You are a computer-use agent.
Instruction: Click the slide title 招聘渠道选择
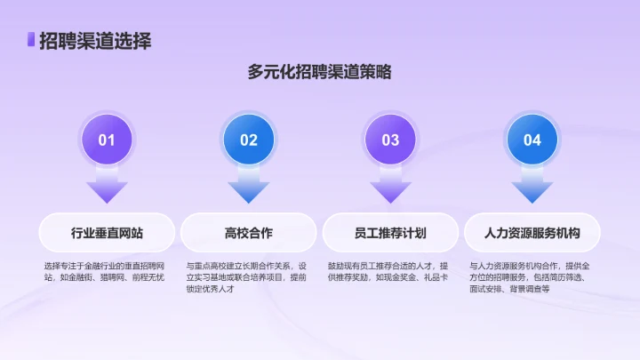click(94, 40)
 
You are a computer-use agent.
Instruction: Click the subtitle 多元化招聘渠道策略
click(320, 73)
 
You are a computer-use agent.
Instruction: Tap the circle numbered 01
click(107, 140)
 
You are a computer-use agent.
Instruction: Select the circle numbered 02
click(249, 140)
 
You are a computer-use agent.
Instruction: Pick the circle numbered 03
click(390, 140)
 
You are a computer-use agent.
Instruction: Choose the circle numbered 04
click(532, 140)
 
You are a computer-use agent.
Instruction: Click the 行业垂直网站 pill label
click(107, 233)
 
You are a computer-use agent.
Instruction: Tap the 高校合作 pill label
click(249, 233)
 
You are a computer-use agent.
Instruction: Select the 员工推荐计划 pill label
click(390, 233)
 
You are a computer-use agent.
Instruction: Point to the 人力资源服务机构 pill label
click(532, 233)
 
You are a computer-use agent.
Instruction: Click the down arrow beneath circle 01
click(107, 188)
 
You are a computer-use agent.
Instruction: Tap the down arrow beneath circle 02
click(249, 188)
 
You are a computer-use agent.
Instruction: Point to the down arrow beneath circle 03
click(390, 188)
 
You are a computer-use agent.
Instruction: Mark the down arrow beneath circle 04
click(532, 188)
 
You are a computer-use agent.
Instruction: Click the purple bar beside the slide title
click(31, 40)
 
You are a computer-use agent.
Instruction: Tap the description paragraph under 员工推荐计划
click(388, 271)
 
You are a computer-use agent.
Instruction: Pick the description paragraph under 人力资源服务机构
click(532, 277)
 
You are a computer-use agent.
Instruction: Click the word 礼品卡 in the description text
click(433, 277)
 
